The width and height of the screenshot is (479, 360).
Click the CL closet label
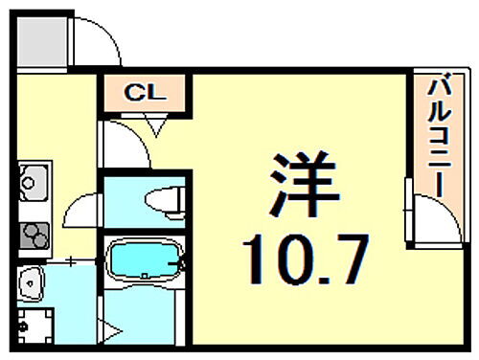pos(148,94)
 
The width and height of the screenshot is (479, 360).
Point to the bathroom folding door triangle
pos(112,330)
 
